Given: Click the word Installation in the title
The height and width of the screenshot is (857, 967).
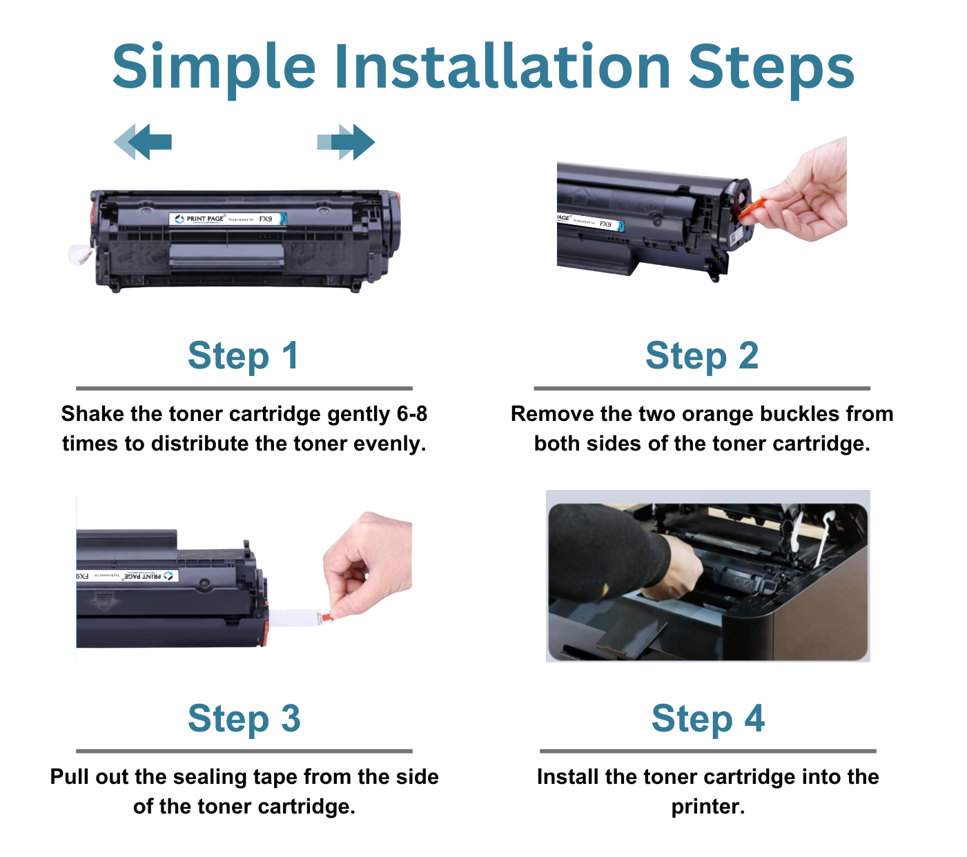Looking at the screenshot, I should pyautogui.click(x=502, y=68).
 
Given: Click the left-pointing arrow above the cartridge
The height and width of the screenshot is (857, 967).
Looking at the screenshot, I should pyautogui.click(x=143, y=142).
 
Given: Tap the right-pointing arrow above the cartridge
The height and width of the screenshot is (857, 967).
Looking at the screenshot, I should pyautogui.click(x=346, y=142).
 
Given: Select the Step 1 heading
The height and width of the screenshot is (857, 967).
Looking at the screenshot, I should pyautogui.click(x=243, y=356).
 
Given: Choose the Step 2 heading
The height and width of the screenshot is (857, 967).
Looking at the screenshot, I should pyautogui.click(x=702, y=356).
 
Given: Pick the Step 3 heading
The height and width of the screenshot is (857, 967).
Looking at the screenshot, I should pyautogui.click(x=244, y=719).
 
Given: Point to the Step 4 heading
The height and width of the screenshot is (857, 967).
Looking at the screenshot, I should pyautogui.click(x=708, y=719).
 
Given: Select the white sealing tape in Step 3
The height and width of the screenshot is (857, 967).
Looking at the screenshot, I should pyautogui.click(x=293, y=618).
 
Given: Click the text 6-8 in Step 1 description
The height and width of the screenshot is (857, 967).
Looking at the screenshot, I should pyautogui.click(x=411, y=414).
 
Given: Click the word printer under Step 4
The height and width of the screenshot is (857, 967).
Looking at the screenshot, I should pyautogui.click(x=707, y=807).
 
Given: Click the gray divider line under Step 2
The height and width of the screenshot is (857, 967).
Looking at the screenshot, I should pyautogui.click(x=702, y=388).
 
